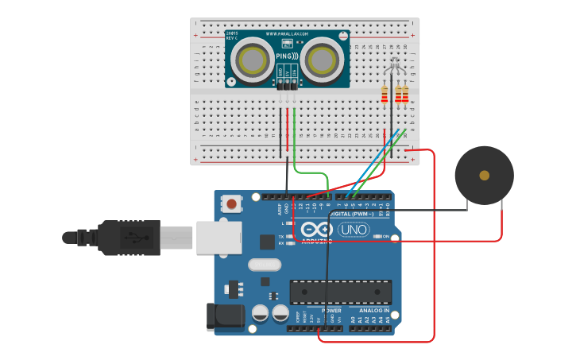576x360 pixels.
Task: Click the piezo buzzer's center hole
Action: [x=484, y=175]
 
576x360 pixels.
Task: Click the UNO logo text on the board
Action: [x=354, y=230]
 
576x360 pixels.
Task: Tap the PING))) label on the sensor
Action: [x=287, y=57]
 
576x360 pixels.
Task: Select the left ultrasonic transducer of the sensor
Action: [x=253, y=60]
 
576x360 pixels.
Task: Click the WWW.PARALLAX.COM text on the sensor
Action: [x=287, y=35]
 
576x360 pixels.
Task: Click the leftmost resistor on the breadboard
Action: [x=385, y=95]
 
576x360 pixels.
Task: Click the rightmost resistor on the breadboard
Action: [x=405, y=95]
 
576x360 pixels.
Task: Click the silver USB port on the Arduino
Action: [x=219, y=237]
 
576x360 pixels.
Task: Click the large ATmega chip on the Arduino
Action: [x=340, y=292]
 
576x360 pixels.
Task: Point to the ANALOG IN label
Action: [x=369, y=311]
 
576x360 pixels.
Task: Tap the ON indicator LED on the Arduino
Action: [x=376, y=237]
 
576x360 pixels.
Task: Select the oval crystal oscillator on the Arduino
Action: [x=265, y=265]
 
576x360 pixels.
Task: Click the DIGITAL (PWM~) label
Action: [x=357, y=213]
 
